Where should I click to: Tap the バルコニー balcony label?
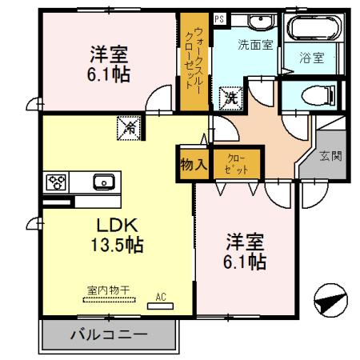[109, 335]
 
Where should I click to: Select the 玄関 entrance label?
[330, 155]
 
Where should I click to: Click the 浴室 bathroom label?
[311, 58]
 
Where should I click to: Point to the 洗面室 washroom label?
[256, 45]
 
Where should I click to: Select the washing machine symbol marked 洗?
[230, 99]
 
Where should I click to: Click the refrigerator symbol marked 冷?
[128, 126]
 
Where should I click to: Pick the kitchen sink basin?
[103, 180]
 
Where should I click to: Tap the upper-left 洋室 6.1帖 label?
[110, 65]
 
